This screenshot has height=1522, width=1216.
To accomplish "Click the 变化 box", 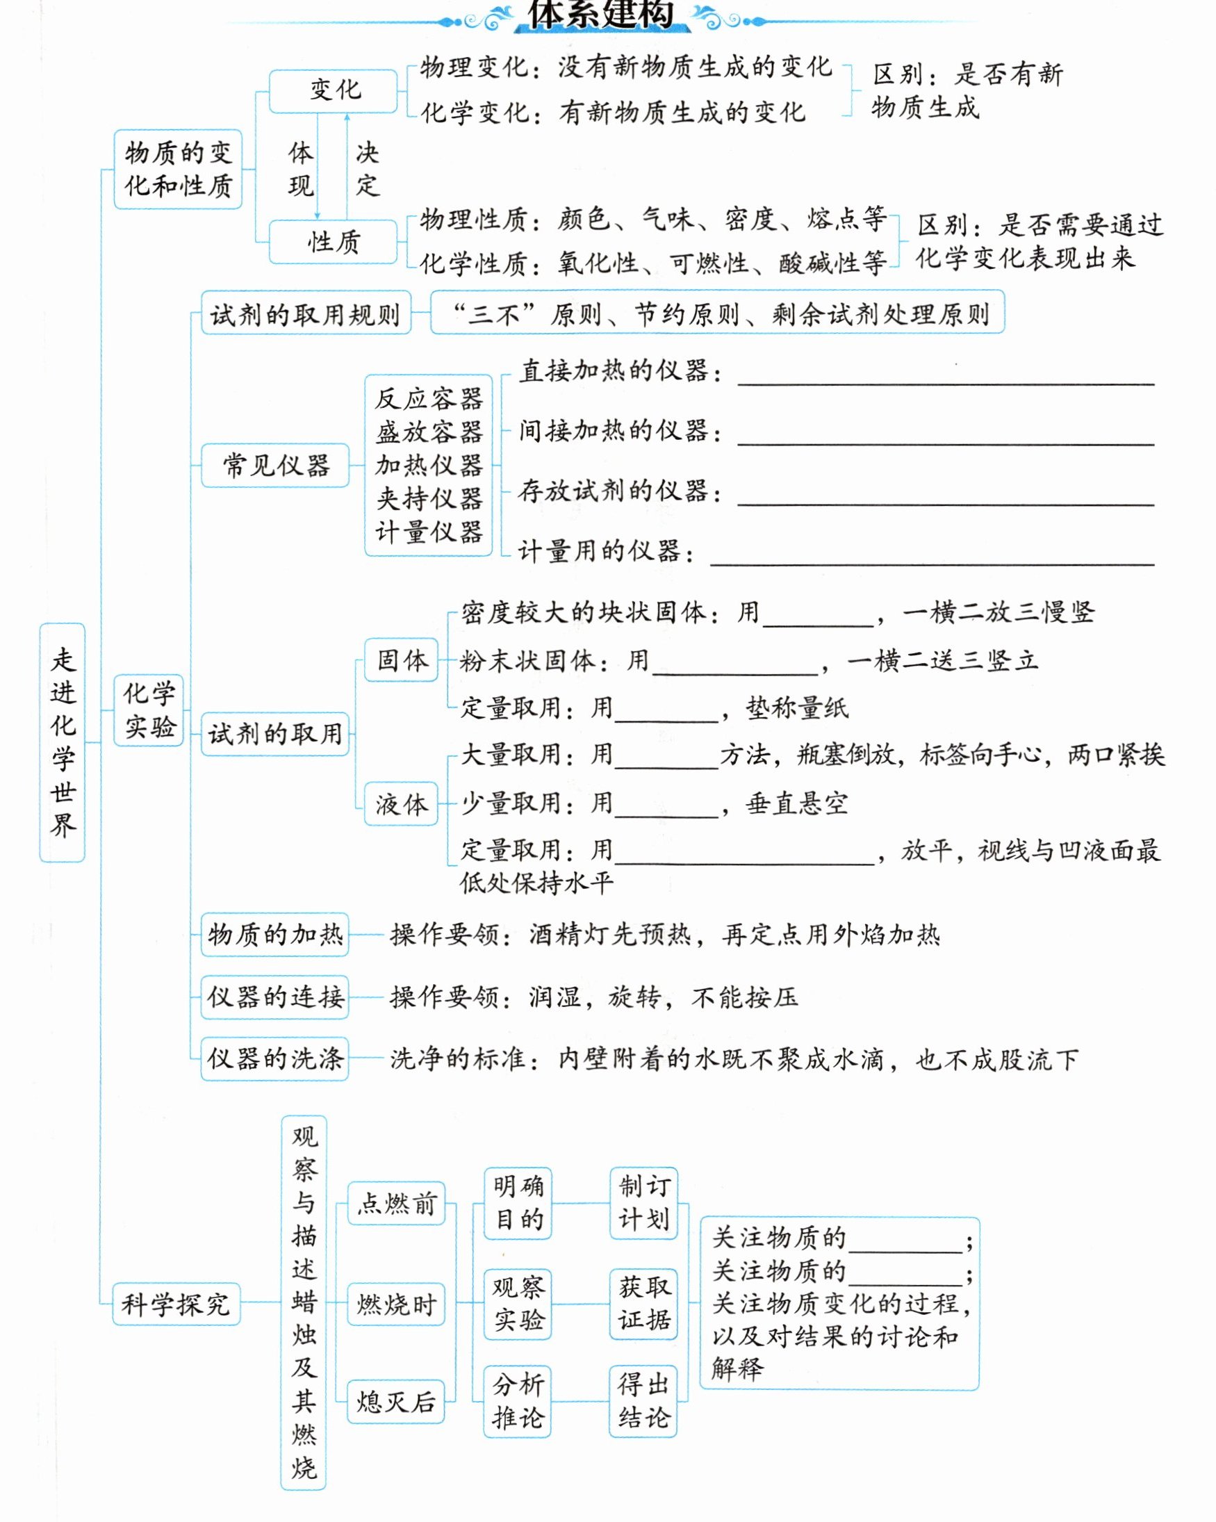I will [333, 91].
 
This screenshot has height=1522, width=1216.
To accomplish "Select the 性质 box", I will [333, 242].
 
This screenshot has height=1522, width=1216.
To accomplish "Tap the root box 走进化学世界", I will [62, 742].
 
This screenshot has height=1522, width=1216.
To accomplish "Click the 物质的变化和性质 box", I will [178, 170].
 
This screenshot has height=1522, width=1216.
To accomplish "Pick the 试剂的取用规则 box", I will [306, 313].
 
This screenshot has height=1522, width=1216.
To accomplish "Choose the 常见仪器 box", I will [275, 465].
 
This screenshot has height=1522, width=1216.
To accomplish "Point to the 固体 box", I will [401, 660].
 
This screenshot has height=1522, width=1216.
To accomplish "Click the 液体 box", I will [401, 803].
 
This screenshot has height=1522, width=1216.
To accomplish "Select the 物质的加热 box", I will [274, 935].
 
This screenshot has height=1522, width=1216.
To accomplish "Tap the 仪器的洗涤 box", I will [274, 1059].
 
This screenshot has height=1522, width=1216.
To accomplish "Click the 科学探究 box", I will [176, 1304].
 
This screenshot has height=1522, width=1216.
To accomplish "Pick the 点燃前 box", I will [396, 1203].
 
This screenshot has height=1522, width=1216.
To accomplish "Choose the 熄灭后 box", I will [396, 1402].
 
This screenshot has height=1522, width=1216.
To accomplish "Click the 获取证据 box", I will [643, 1303].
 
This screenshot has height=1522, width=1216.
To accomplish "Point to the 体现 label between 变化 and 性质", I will [301, 170].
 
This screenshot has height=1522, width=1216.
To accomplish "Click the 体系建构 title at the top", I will [601, 14].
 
